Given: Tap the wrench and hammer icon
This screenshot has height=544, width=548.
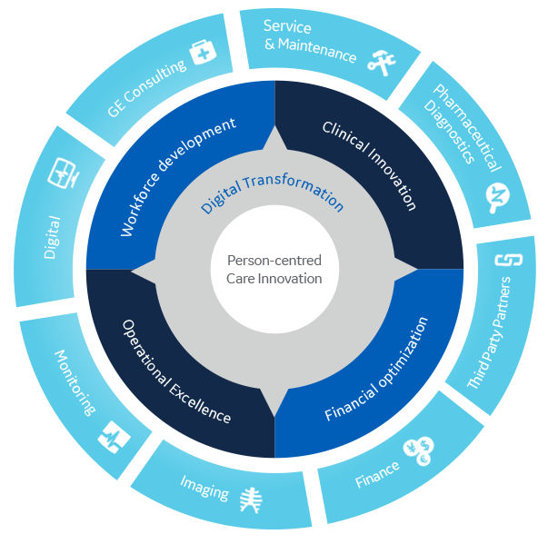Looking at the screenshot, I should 381,62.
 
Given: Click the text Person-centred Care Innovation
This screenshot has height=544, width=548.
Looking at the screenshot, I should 274,269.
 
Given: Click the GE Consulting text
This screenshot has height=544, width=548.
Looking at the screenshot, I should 146,89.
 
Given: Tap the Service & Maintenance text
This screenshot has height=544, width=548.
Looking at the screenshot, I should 309,40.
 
